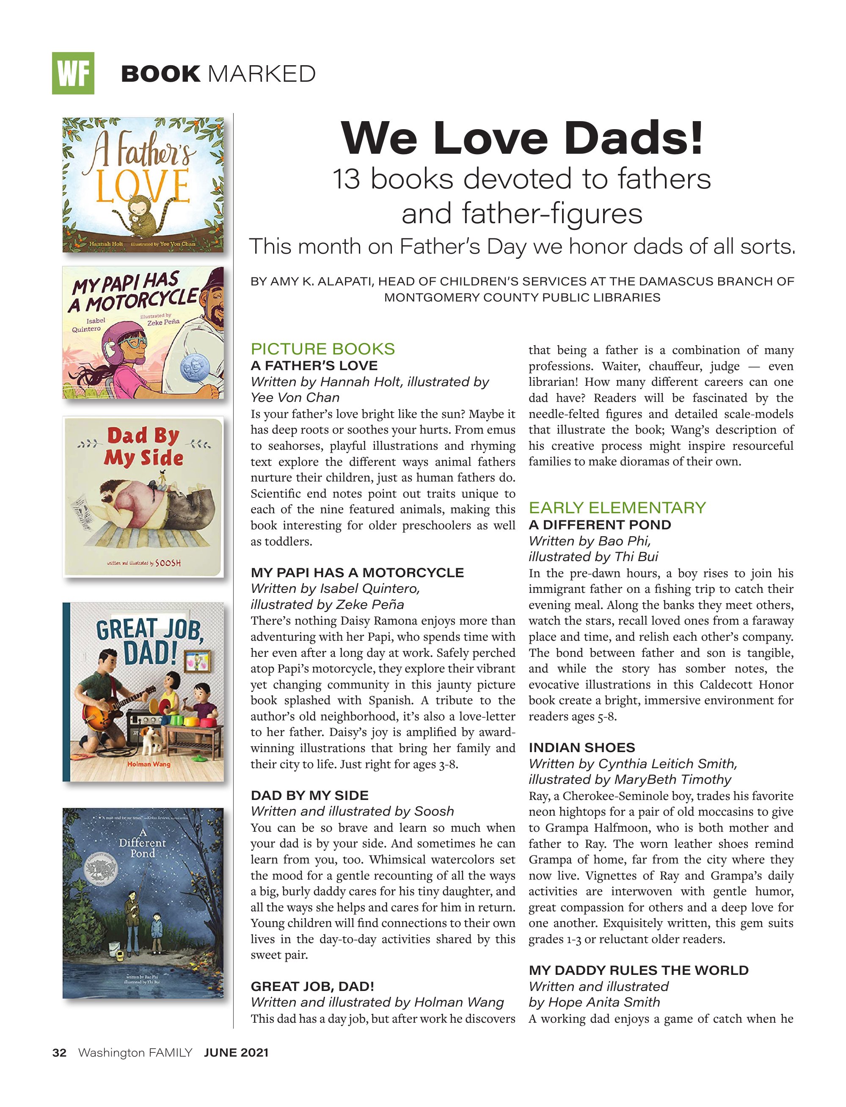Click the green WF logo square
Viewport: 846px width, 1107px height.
(73, 74)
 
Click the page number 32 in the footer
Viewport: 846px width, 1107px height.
(59, 1053)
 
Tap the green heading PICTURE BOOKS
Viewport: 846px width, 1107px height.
(323, 349)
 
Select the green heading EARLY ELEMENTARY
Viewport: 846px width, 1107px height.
(617, 507)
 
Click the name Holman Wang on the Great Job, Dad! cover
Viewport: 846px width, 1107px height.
(149, 764)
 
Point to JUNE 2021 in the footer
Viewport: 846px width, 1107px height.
(236, 1053)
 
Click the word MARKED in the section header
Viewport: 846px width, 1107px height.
(262, 74)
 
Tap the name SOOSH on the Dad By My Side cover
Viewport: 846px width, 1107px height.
(168, 563)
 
